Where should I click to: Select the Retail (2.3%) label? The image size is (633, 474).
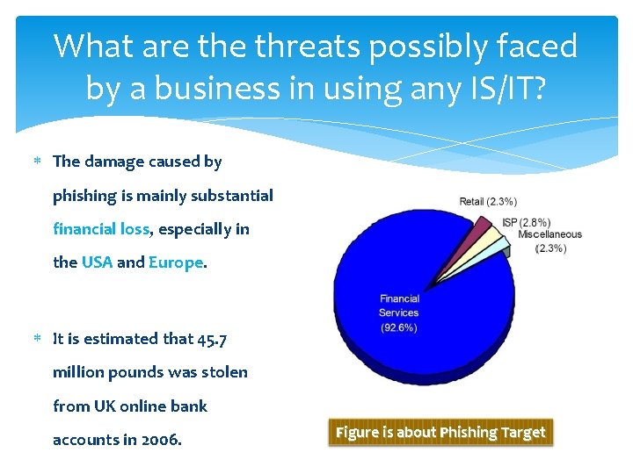pyautogui.click(x=488, y=202)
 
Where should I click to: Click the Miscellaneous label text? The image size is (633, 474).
pyautogui.click(x=549, y=234)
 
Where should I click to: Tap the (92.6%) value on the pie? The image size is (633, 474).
pyautogui.click(x=398, y=327)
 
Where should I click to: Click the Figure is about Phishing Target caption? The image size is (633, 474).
pyautogui.click(x=440, y=432)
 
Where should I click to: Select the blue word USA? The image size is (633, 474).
pyautogui.click(x=97, y=262)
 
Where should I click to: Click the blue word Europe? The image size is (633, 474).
pyautogui.click(x=176, y=262)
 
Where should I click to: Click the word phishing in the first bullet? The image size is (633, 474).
pyautogui.click(x=84, y=195)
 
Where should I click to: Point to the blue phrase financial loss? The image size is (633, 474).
pyautogui.click(x=101, y=229)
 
